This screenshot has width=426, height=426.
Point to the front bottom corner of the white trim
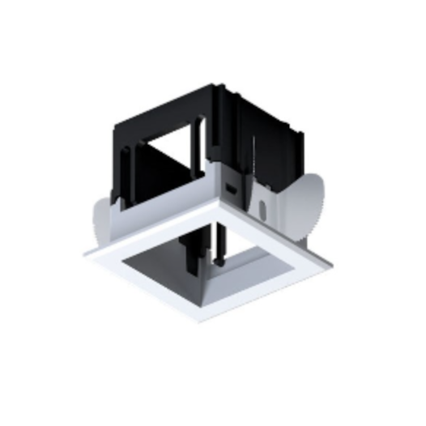click(x=200, y=321)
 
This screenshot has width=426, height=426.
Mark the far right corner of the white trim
click(x=330, y=263)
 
